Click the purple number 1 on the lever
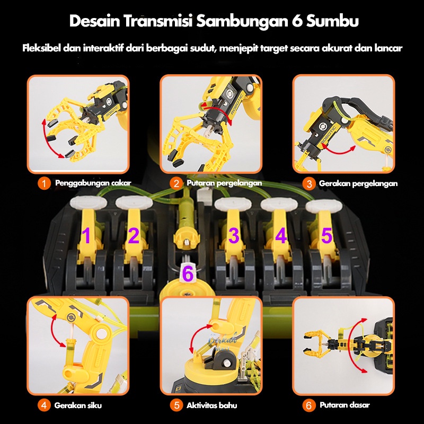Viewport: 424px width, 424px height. pyautogui.click(x=86, y=235)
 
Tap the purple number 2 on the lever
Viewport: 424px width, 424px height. pyautogui.click(x=134, y=235)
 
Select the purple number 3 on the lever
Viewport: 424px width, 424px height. pyautogui.click(x=234, y=235)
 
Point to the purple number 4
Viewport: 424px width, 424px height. pyautogui.click(x=281, y=235)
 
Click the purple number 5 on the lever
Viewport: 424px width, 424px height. pyautogui.click(x=326, y=235)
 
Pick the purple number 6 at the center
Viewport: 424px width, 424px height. pyautogui.click(x=188, y=274)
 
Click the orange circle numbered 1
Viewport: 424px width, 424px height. pyautogui.click(x=44, y=183)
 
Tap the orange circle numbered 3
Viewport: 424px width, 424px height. pyautogui.click(x=309, y=184)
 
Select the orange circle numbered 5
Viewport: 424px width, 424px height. pyautogui.click(x=176, y=405)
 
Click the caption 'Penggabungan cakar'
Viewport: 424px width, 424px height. pyautogui.click(x=93, y=183)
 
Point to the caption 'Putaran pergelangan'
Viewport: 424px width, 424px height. pyautogui.click(x=224, y=183)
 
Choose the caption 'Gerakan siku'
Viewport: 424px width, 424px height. pyautogui.click(x=78, y=405)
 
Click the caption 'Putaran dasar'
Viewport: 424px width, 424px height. pyautogui.click(x=344, y=405)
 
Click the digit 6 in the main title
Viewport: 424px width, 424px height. pyautogui.click(x=297, y=21)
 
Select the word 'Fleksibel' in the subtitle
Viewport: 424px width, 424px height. pyautogui.click(x=41, y=48)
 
